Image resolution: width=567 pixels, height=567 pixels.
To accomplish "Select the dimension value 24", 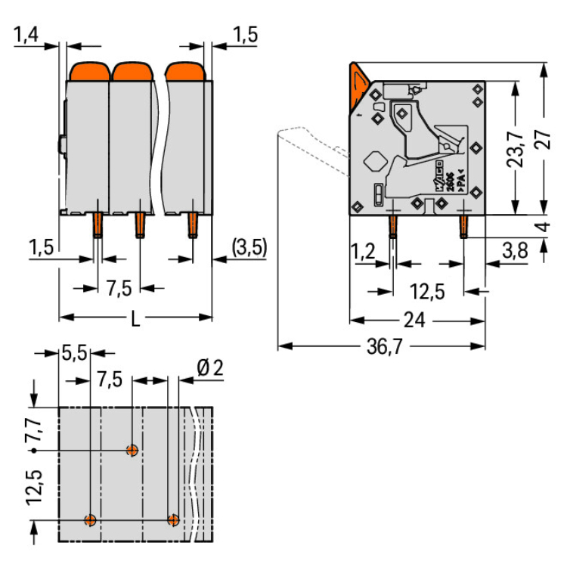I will click(414, 321).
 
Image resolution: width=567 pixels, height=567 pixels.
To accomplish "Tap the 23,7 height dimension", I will click(516, 147).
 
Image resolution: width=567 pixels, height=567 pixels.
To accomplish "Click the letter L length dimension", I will click(135, 318).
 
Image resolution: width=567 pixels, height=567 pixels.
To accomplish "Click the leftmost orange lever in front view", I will click(90, 72).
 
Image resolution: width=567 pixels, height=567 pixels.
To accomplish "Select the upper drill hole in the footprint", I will click(132, 451).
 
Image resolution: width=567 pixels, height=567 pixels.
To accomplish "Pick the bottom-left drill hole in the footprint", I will click(91, 520).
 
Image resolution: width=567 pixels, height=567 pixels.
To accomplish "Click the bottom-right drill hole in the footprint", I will click(174, 520).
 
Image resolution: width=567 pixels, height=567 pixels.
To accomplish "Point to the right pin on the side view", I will click(463, 227).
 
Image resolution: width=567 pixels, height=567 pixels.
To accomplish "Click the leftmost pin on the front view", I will click(98, 226).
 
